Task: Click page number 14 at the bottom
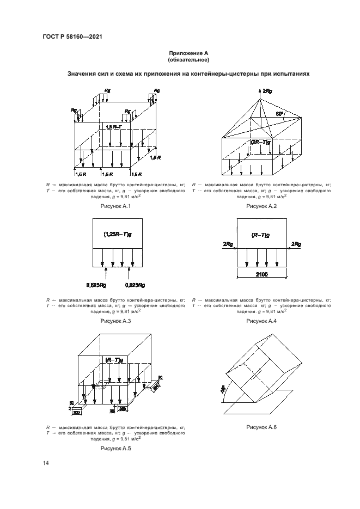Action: pos(46,463)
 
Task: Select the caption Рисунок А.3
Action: pos(116,321)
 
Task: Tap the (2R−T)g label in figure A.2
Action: pos(261,142)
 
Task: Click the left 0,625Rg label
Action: pos(97,285)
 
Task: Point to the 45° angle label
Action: pos(222,390)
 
